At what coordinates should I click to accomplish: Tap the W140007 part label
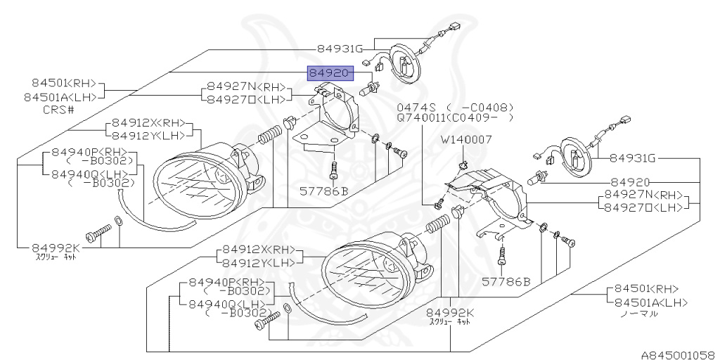466,139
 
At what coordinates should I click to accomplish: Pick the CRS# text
59,110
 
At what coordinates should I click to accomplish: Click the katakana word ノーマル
638,314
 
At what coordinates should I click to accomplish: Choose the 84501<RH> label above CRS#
64,83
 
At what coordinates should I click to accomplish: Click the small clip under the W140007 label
463,165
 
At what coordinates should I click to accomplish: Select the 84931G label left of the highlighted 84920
340,49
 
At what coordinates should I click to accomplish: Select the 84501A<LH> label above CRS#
64,97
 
